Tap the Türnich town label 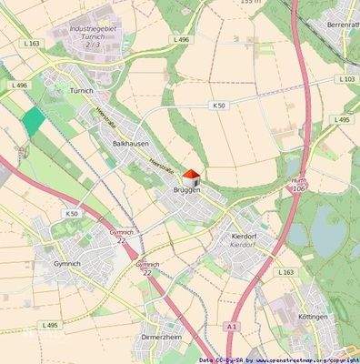click(x=82, y=91)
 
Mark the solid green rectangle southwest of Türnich click(x=33, y=121)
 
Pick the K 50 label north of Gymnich click(x=72, y=213)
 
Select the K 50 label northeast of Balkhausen click(x=219, y=106)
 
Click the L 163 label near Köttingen click(x=285, y=272)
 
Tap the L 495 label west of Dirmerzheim click(x=50, y=325)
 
